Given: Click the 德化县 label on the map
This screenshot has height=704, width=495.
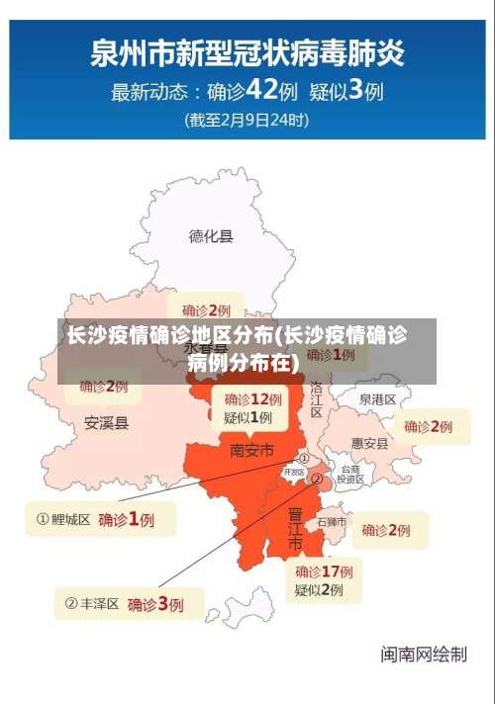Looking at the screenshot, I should (211, 235).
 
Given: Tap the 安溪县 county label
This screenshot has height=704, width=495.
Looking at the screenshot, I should (106, 423).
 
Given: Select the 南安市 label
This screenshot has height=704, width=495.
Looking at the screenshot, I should (252, 450).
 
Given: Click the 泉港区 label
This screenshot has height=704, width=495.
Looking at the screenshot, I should (377, 399).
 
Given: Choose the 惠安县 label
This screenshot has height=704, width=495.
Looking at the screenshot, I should (370, 444).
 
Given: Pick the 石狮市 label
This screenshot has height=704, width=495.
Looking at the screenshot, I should (332, 521).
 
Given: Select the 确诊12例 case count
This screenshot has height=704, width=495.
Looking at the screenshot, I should (252, 399).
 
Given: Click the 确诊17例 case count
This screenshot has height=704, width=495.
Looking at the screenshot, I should (324, 572).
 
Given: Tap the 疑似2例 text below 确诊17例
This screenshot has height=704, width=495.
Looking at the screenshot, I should (319, 590).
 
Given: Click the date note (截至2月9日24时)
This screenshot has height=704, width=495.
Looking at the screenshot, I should (247, 121).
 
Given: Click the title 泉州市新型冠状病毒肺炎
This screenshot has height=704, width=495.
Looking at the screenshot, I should (247, 51).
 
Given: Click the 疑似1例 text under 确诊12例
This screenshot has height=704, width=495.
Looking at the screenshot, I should (247, 418).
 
